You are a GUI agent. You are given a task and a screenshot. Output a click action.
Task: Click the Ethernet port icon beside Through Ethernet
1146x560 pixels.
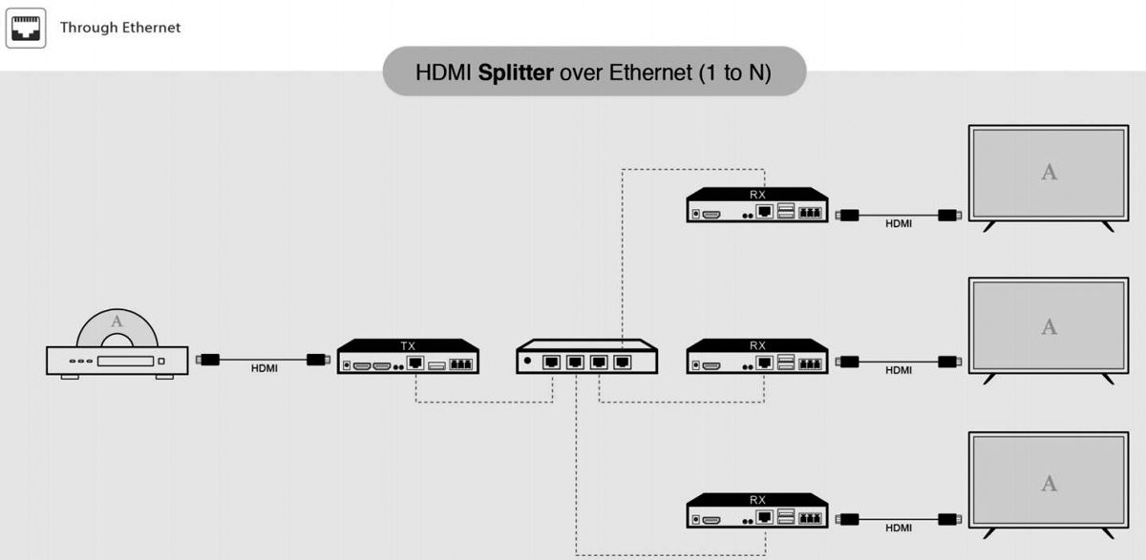[x=26, y=28]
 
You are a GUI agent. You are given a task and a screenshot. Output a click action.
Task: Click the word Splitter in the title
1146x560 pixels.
[x=516, y=72]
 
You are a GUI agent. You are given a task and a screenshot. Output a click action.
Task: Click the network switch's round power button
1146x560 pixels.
[x=527, y=361]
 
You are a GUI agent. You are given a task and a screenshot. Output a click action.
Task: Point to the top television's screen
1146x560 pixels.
[x=1049, y=173]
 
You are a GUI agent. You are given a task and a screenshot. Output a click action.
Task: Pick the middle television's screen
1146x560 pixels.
[x=1049, y=327]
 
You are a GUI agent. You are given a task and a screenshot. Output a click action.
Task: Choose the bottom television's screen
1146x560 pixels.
[x=1049, y=483]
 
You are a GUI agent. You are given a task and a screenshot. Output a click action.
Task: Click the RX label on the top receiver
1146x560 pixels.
[x=757, y=195]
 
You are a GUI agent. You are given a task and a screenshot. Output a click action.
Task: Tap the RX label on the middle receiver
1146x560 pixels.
[x=757, y=345]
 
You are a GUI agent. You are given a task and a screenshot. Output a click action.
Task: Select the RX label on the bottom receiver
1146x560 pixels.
[x=757, y=499]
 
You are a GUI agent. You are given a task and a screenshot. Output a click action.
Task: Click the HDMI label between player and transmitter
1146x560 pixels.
[x=265, y=368]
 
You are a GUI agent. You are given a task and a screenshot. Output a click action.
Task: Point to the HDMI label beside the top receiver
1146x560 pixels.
[x=899, y=224]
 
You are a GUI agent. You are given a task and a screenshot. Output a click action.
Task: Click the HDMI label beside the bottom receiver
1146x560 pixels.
[x=899, y=528]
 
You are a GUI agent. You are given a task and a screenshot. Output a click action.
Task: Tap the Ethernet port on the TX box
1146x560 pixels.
[x=415, y=363]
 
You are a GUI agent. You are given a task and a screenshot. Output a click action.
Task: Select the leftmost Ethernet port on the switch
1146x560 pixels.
[x=552, y=363]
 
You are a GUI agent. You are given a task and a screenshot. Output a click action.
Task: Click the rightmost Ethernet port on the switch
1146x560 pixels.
[x=623, y=363]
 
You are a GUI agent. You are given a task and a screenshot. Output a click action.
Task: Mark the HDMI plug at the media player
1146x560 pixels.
[x=207, y=360]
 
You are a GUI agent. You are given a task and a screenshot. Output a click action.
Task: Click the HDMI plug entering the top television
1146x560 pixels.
[x=948, y=216]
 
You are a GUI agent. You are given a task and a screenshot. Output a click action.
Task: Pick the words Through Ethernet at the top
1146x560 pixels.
[x=120, y=28]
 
